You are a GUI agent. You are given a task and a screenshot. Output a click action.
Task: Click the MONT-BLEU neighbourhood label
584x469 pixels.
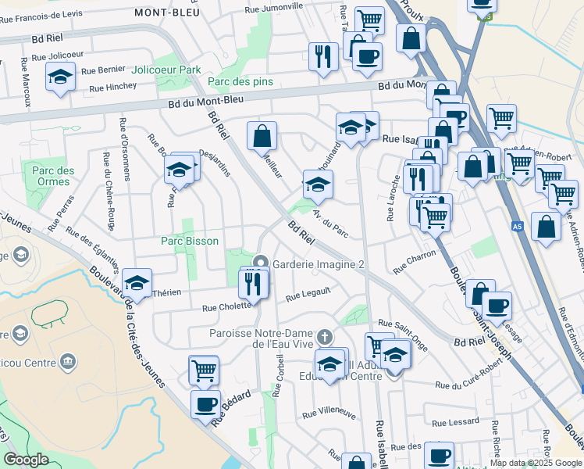(166, 13)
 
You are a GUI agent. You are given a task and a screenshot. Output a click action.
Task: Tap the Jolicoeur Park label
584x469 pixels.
(166, 70)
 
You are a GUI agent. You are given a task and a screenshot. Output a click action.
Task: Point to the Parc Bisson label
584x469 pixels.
(190, 241)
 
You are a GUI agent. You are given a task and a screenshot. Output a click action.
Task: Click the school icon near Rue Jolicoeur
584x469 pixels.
(59, 77)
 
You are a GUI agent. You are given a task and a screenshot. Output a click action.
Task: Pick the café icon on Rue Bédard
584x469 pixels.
(206, 404)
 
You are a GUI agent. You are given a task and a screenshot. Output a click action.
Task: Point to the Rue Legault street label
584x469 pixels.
(308, 295)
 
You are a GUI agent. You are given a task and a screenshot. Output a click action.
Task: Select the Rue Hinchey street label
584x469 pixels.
(112, 88)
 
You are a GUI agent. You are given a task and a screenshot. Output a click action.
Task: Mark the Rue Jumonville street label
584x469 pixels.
(273, 7)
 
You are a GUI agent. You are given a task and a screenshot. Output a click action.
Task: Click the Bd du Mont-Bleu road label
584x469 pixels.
(205, 100)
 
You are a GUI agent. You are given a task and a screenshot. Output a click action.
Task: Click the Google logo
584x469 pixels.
(26, 460)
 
